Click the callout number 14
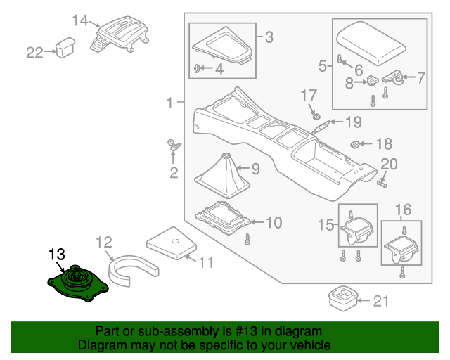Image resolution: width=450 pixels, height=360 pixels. tap(82, 20)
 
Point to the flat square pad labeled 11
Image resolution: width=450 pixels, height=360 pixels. tap(172, 243)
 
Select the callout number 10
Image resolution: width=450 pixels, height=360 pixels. tap(273, 223)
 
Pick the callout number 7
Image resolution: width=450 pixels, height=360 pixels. tap(421, 77)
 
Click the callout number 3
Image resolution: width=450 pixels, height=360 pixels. tap(269, 37)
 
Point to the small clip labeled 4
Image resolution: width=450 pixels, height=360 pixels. tap(197, 67)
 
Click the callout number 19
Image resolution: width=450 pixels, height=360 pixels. tap(352, 122)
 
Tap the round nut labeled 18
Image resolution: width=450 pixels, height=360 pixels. tap(356, 145)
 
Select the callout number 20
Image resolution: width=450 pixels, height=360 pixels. tap(388, 164)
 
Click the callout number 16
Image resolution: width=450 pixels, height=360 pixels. tap(402, 209)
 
